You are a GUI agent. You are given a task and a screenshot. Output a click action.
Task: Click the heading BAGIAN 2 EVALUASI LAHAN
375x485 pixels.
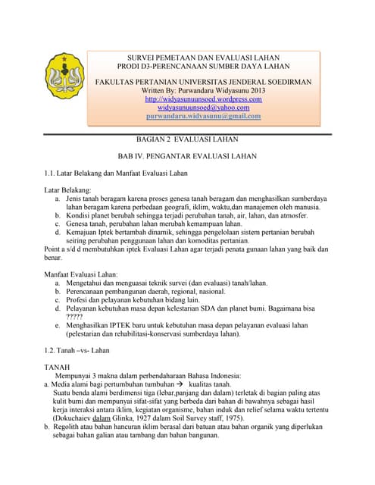(192, 139)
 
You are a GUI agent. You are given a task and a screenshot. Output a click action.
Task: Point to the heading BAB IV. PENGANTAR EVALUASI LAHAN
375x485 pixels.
(192, 156)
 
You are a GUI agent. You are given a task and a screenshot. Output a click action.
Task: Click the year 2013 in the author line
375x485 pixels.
(255, 90)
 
